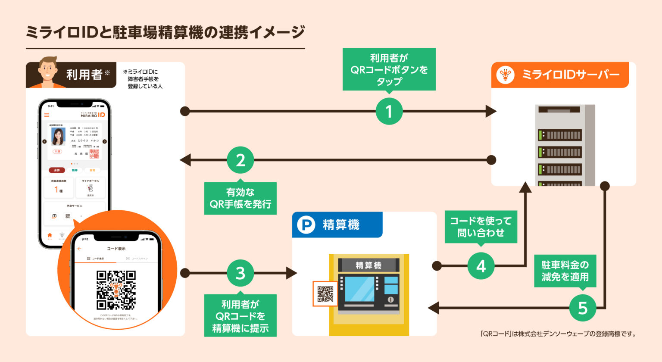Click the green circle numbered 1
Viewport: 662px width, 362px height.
coord(389,111)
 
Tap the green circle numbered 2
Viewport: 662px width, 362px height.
coord(240,160)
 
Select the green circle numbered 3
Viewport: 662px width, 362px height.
coord(240,273)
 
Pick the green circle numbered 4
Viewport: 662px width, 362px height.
coord(481,266)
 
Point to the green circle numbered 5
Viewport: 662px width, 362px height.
coord(583,308)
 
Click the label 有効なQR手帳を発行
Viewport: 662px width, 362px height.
coord(240,198)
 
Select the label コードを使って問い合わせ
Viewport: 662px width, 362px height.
coord(481,227)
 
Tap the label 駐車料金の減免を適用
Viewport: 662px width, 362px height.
coord(565,271)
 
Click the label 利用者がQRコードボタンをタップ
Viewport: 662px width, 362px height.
coord(389,69)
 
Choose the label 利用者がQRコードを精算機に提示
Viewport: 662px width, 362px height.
coord(240,316)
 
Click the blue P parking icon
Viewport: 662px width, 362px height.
coord(306,225)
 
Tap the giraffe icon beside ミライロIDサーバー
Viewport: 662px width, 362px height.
coord(505,75)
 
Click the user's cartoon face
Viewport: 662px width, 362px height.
coord(48,71)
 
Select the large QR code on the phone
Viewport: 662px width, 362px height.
coord(116,290)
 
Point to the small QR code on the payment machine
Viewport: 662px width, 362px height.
coord(325,294)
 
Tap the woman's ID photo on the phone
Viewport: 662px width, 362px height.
coord(58,137)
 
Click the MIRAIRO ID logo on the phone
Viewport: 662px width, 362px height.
coord(93,115)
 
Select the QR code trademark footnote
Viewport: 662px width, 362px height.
coord(558,334)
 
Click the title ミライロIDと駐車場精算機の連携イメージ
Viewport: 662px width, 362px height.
coord(165,33)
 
